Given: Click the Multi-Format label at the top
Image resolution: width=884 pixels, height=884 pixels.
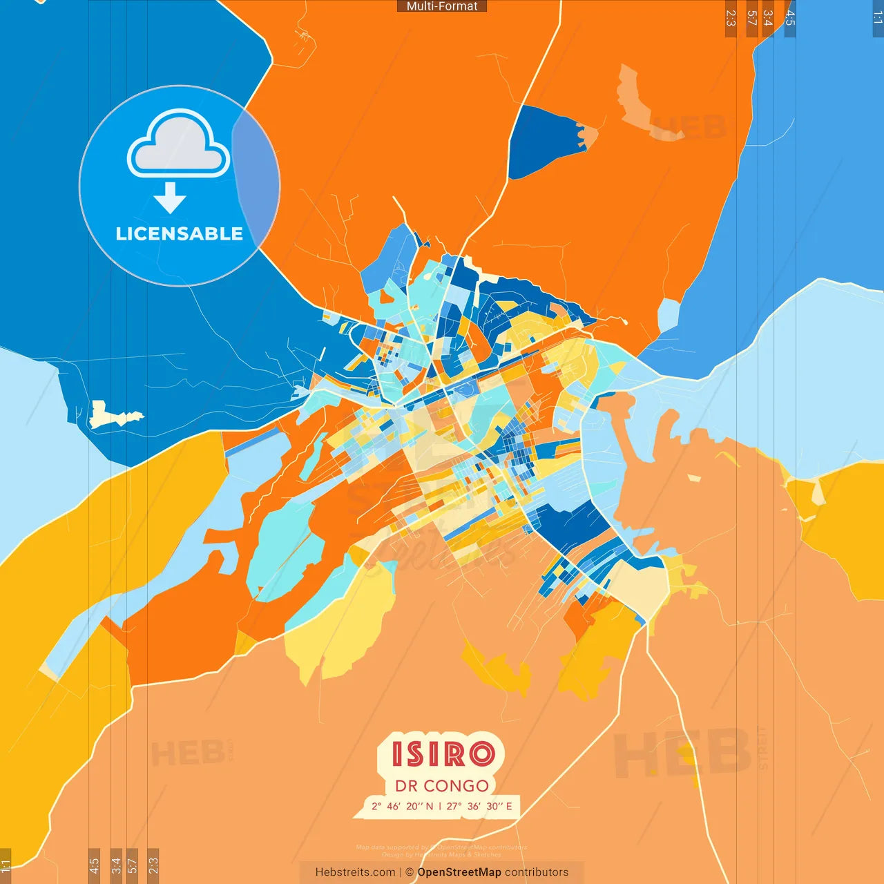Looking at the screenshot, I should [x=442, y=6].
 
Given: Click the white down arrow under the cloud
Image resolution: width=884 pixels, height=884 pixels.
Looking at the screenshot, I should [x=170, y=198].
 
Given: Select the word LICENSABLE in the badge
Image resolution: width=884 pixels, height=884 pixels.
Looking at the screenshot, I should [x=179, y=234].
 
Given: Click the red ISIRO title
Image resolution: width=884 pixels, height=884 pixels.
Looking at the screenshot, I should [x=443, y=754].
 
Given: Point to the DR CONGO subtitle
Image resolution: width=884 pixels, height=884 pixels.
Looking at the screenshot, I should [x=442, y=786].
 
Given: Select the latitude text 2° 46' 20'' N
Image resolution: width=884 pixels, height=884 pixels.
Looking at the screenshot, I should [x=402, y=806].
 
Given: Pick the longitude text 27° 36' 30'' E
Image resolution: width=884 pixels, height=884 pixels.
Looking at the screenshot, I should [x=479, y=806].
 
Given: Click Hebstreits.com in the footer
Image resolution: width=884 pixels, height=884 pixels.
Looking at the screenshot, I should [x=355, y=872].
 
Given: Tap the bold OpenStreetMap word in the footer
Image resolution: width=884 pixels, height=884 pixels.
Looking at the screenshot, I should [x=459, y=872].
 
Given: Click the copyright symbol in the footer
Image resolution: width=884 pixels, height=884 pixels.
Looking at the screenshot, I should [x=410, y=872].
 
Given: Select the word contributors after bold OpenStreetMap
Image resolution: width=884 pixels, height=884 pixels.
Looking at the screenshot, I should [x=537, y=872].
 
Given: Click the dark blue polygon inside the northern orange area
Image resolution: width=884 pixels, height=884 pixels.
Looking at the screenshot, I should [x=542, y=142].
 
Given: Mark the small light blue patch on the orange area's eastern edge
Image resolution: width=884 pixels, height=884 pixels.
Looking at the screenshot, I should [x=668, y=314].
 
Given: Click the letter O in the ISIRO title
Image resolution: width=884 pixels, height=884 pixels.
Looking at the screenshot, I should [x=481, y=754].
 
